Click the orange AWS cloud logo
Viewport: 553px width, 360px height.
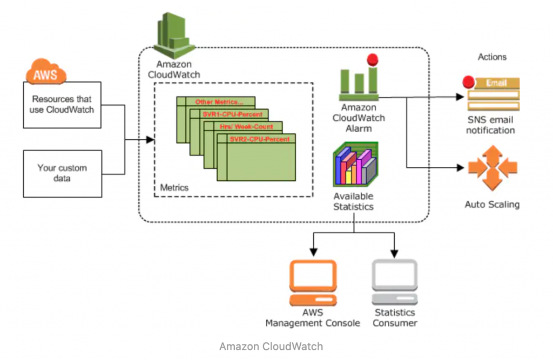pyautogui.click(x=45, y=73)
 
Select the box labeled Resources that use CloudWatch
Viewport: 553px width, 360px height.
pyautogui.click(x=62, y=104)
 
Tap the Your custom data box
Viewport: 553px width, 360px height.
pyautogui.click(x=62, y=173)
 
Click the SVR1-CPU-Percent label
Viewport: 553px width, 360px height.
pyautogui.click(x=232, y=114)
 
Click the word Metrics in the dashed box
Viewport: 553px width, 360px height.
pyautogui.click(x=174, y=188)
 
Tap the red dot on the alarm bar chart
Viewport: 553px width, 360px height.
pyautogui.click(x=372, y=60)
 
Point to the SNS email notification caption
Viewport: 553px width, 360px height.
pyautogui.click(x=490, y=125)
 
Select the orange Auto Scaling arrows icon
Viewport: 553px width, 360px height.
pyautogui.click(x=492, y=167)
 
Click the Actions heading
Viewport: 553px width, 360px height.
pyautogui.click(x=492, y=57)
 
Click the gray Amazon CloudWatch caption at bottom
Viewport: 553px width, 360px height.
pyautogui.click(x=271, y=347)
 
